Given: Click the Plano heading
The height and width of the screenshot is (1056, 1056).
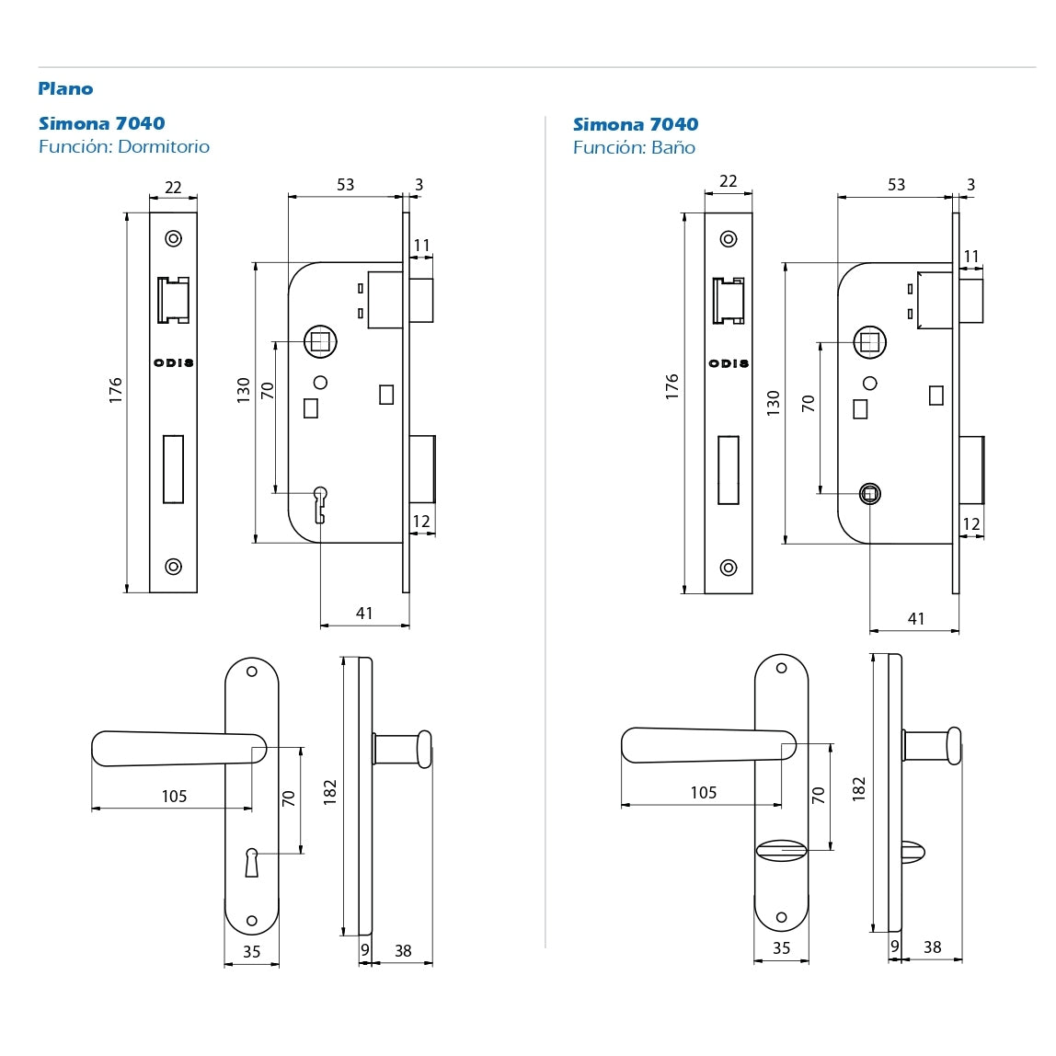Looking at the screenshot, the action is pos(65,88).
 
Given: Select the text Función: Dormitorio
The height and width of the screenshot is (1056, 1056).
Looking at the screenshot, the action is pos(124,147).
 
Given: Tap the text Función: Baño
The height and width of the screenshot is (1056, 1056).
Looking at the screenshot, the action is pos(634,147).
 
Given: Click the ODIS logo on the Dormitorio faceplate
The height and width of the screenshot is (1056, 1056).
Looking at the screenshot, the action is pos(173,362).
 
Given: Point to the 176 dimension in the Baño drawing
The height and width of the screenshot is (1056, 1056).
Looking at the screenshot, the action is pos(671,386).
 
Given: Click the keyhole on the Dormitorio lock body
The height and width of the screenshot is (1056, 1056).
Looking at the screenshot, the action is pos(320,504).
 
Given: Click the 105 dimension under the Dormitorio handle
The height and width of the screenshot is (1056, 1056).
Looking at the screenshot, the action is pos(174,796).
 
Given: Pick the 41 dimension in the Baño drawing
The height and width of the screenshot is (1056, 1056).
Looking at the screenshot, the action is pos(916,618).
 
